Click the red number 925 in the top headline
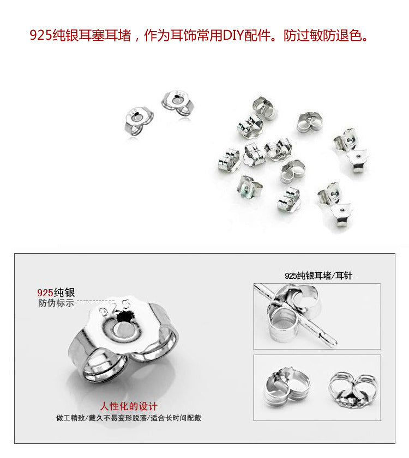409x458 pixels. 41,35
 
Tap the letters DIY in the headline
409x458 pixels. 233,35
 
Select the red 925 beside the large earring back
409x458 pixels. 45,292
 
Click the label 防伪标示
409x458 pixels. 56,303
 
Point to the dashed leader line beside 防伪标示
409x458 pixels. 95,301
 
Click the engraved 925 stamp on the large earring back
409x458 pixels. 114,308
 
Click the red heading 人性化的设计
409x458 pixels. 129,406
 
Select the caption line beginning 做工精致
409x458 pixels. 129,418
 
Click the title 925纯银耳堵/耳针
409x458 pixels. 318,276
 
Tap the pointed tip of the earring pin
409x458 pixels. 336,344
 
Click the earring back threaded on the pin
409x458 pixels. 292,313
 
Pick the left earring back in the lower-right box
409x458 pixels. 287,387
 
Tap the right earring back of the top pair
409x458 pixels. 178,103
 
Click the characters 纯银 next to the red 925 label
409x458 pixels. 64,292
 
